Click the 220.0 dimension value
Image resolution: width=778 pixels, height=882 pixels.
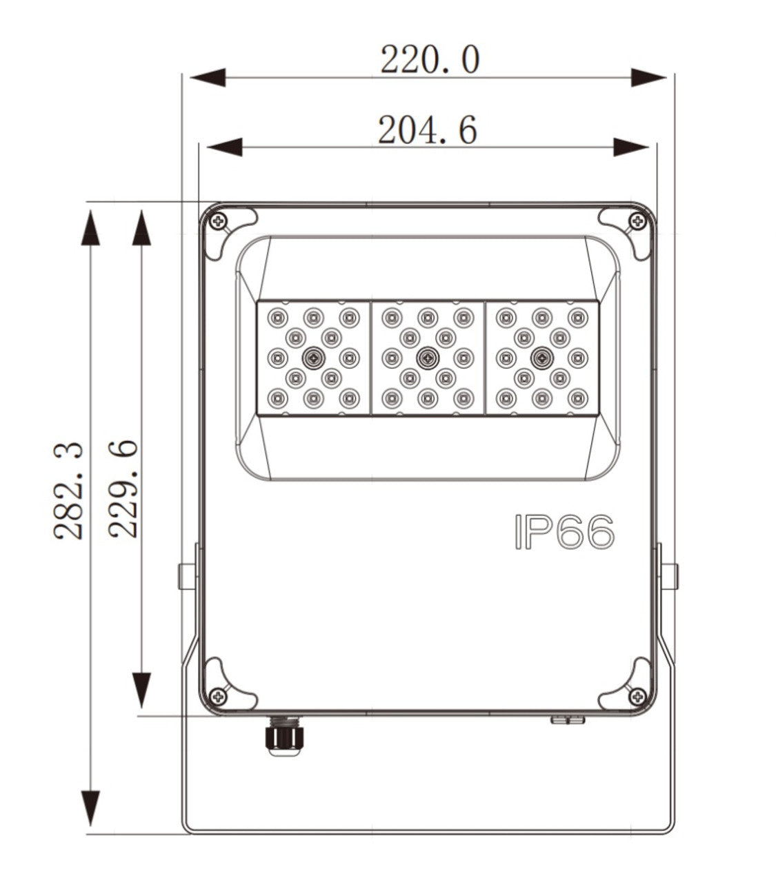pyautogui.click(x=429, y=60)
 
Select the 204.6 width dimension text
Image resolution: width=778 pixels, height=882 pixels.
pyautogui.click(x=428, y=130)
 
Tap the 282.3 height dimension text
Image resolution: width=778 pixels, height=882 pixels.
pyautogui.click(x=69, y=491)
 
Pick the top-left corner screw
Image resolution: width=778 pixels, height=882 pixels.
pyautogui.click(x=219, y=221)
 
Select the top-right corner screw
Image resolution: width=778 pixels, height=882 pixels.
pyautogui.click(x=636, y=221)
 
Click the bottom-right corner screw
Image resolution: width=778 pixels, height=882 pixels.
pyautogui.click(x=636, y=697)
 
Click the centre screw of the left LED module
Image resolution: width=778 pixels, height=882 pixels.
pyautogui.click(x=315, y=357)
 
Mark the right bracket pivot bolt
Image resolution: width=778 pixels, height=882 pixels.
pyautogui.click(x=669, y=576)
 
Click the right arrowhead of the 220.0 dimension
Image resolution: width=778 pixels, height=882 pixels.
pyautogui.click(x=648, y=77)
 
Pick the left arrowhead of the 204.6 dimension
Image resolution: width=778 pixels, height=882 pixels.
pyautogui.click(x=224, y=146)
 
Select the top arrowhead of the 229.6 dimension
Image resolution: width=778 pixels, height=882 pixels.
pyautogui.click(x=141, y=228)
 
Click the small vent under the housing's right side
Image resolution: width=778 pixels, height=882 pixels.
pyautogui.click(x=567, y=720)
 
